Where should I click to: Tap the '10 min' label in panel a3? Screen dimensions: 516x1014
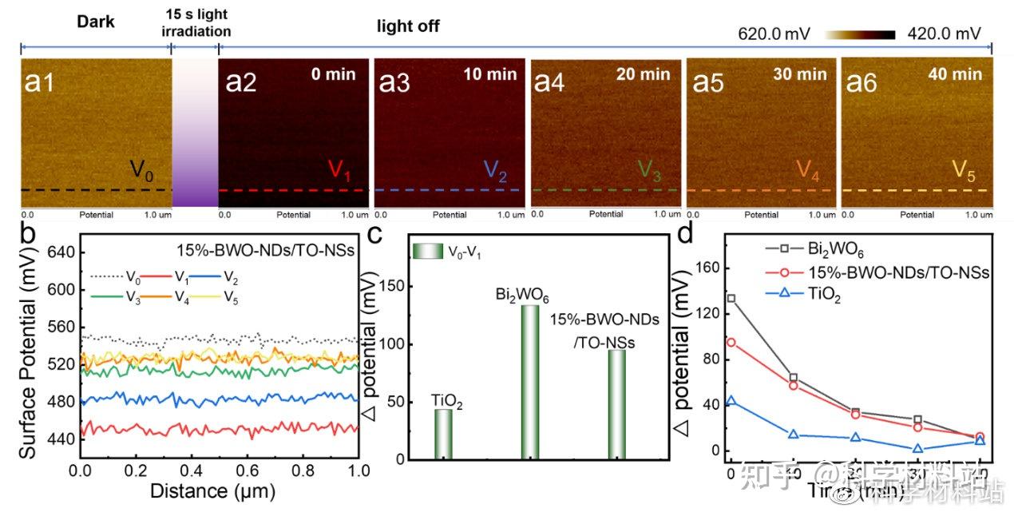point(490,75)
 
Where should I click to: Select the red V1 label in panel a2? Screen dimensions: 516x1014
point(339,170)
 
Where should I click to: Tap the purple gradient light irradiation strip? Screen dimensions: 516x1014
point(195,136)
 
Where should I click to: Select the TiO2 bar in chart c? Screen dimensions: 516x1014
point(443,434)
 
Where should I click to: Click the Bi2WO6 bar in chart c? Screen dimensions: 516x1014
point(529,382)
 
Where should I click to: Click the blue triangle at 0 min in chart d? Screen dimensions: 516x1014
point(731,401)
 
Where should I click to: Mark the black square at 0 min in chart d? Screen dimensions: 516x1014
point(731,298)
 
